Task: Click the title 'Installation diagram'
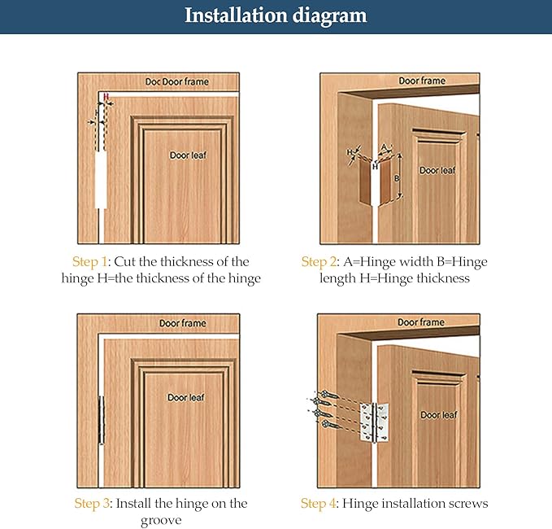tap(276, 15)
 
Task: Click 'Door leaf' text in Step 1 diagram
tap(188, 155)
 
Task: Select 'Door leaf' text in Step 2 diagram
tap(437, 171)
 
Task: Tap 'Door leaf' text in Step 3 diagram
tap(186, 397)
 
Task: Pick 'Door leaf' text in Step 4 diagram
tap(439, 415)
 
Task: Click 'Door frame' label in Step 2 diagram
tap(422, 81)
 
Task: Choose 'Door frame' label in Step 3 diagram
tap(183, 323)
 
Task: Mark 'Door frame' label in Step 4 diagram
tap(421, 322)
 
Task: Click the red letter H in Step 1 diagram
tap(106, 96)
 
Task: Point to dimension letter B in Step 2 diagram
tap(397, 179)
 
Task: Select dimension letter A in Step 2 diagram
tap(385, 147)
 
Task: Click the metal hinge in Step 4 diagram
tap(374, 423)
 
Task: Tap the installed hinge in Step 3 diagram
tap(102, 420)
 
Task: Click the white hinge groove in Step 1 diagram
tap(101, 180)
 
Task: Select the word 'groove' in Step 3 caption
tap(161, 520)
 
